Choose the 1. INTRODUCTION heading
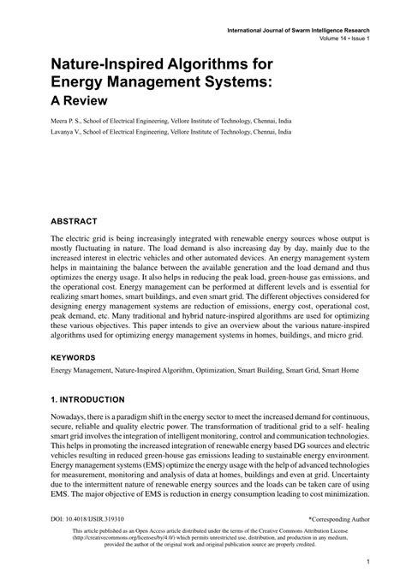(88, 399)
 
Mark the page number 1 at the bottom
(366, 563)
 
